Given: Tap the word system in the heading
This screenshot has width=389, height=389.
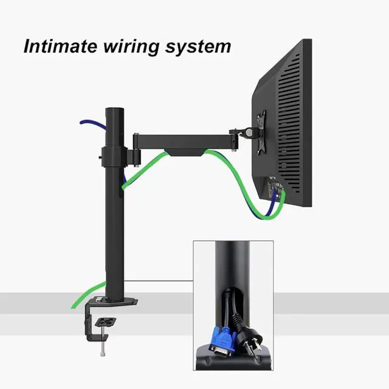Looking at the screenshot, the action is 198,47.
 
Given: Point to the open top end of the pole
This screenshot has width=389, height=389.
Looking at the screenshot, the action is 114,110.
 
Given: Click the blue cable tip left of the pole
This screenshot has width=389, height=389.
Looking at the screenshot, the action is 82,122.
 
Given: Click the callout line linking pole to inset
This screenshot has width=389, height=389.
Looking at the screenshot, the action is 158,280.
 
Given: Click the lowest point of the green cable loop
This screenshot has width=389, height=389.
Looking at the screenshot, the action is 258,216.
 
